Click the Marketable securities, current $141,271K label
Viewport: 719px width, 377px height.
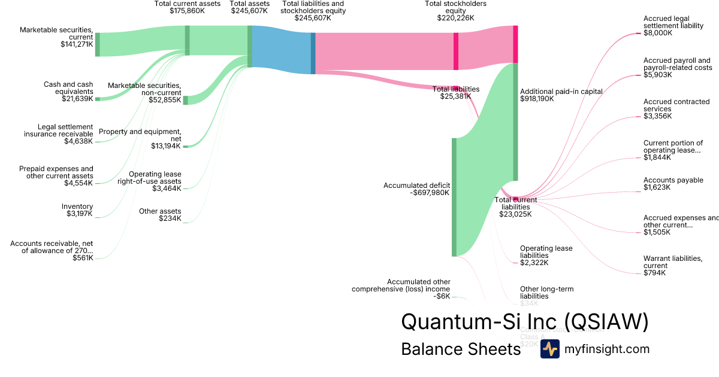point(56,37)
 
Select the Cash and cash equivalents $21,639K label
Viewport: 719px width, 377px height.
point(68,92)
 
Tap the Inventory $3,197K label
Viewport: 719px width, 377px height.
point(77,210)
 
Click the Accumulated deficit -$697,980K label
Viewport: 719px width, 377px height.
point(416,189)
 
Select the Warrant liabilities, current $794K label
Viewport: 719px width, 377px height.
point(673,266)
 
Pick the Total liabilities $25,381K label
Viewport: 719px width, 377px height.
point(456,93)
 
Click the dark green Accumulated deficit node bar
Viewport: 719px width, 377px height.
point(454,197)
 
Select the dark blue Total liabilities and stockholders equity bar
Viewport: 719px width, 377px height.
point(313,53)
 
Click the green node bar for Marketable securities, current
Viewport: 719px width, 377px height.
point(98,44)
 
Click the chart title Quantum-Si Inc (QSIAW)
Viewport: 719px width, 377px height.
point(524,321)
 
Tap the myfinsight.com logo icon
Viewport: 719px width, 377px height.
point(549,349)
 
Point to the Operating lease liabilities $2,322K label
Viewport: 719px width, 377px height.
point(546,256)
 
